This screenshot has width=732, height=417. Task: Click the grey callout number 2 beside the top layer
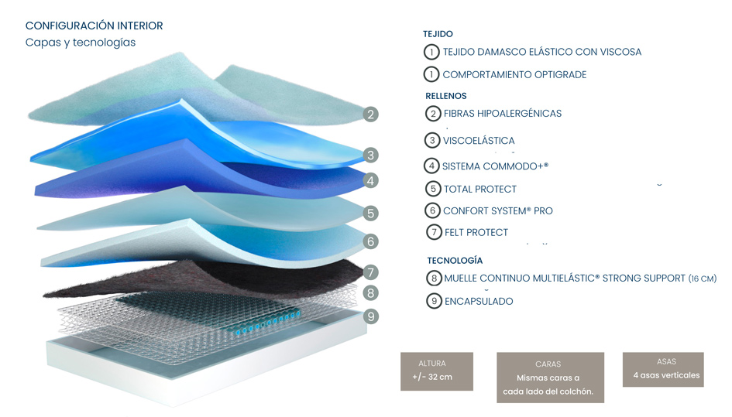371,115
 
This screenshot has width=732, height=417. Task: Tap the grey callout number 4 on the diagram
371,180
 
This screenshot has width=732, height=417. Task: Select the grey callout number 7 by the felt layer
371,272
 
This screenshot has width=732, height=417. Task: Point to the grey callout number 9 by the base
371,316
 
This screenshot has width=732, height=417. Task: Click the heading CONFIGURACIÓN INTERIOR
95,26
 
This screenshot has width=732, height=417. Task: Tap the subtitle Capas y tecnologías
81,43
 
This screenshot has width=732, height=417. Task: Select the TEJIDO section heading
438,34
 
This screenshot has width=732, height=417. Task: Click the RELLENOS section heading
446,96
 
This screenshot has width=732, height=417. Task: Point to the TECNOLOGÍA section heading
455,261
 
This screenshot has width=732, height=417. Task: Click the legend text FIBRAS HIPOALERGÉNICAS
502,114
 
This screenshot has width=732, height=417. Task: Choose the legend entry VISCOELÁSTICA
479,141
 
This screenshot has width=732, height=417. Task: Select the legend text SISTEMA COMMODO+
495,166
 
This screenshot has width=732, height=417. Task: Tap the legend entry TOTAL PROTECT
480,189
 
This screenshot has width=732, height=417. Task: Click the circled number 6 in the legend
433,211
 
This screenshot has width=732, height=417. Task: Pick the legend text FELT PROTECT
476,232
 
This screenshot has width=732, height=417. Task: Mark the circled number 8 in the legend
434,279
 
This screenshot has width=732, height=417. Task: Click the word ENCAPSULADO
479,301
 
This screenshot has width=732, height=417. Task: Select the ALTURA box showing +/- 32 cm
437,371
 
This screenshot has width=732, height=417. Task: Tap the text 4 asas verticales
667,375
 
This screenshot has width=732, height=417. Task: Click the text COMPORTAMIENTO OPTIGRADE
514,74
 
